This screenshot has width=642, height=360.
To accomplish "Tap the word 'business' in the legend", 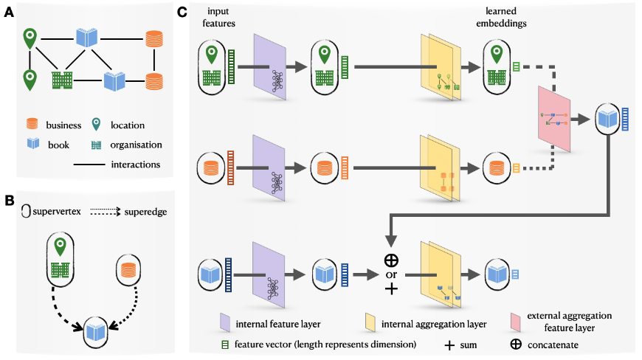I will [x=64, y=125].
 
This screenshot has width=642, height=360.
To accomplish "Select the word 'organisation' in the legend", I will [x=135, y=145].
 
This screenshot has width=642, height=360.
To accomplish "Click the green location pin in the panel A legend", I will [x=96, y=125].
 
